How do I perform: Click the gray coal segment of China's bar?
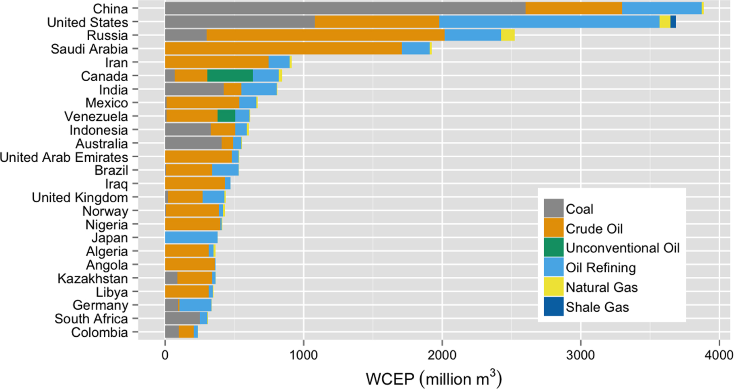tap(345, 8)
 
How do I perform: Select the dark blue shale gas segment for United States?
tap(673, 22)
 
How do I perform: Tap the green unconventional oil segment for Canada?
tap(230, 76)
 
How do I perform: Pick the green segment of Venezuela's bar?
tap(226, 116)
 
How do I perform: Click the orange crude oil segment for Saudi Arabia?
tap(283, 49)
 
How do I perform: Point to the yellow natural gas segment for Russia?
tap(508, 35)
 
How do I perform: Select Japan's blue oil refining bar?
tap(191, 238)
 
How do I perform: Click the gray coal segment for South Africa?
tap(182, 319)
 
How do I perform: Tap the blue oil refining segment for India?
tap(259, 90)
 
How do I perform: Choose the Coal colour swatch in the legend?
tap(553, 209)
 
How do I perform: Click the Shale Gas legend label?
tap(597, 307)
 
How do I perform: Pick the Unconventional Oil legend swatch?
tap(553, 248)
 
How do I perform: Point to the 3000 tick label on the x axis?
tap(580, 355)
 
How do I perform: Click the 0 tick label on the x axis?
tap(165, 355)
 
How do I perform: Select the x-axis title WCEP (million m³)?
tap(433, 379)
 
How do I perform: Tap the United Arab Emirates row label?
tap(64, 157)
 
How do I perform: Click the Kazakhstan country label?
tap(93, 278)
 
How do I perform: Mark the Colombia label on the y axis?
tap(99, 332)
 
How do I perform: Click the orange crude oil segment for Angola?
tap(190, 265)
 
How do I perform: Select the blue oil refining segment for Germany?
tap(195, 305)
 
